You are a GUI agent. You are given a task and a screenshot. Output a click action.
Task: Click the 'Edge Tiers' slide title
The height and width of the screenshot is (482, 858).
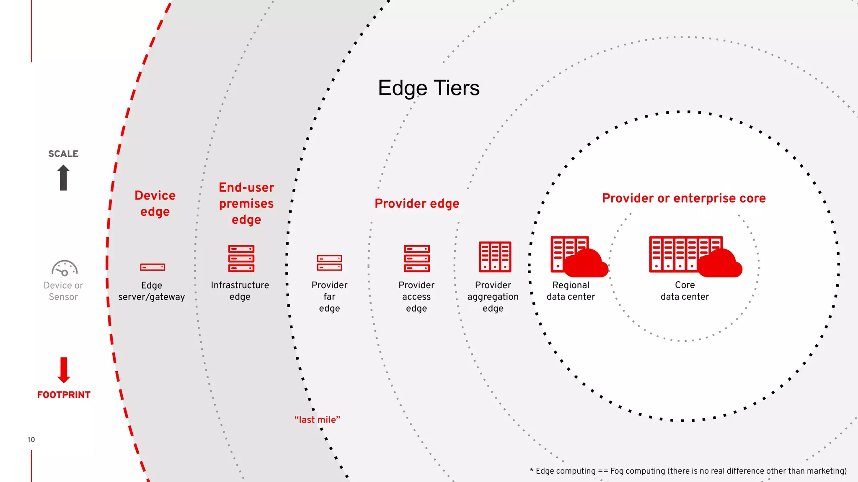(x=429, y=88)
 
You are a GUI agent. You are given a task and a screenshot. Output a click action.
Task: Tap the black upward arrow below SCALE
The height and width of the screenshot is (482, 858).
(x=63, y=177)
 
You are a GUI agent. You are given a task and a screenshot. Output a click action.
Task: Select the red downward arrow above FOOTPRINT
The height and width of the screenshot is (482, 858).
(x=64, y=370)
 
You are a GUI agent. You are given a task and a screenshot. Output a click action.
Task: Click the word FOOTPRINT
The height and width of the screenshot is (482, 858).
(x=64, y=395)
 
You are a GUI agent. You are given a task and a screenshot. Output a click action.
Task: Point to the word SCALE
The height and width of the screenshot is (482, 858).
(x=63, y=154)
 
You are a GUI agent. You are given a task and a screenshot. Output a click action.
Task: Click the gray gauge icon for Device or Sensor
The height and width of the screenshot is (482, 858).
(x=64, y=268)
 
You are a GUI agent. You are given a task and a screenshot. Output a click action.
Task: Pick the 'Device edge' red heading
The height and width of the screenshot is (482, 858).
(x=155, y=203)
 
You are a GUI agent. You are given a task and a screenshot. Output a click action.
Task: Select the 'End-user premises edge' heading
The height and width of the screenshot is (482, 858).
(x=246, y=203)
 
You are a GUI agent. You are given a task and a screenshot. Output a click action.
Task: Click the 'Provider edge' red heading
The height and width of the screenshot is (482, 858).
(x=417, y=203)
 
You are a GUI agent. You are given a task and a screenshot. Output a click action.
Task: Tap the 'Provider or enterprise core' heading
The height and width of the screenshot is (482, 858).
(x=684, y=198)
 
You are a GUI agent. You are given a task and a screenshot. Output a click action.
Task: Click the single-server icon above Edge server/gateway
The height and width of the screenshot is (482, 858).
(x=152, y=267)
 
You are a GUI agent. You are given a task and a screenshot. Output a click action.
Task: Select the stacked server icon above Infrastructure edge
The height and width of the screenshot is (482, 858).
(x=241, y=258)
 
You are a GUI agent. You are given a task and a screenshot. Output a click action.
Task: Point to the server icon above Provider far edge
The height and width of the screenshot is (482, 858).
(x=329, y=263)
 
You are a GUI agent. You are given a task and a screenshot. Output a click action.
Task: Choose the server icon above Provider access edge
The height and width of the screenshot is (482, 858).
(x=417, y=258)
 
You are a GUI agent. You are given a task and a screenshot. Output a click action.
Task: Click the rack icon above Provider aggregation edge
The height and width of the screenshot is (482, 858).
(x=495, y=256)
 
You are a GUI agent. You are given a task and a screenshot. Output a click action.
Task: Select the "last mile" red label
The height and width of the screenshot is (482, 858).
(x=317, y=420)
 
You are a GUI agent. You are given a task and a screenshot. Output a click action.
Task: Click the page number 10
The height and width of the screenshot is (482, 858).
(x=31, y=440)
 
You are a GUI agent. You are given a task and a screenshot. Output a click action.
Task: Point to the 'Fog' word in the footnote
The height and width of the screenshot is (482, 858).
(x=617, y=471)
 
